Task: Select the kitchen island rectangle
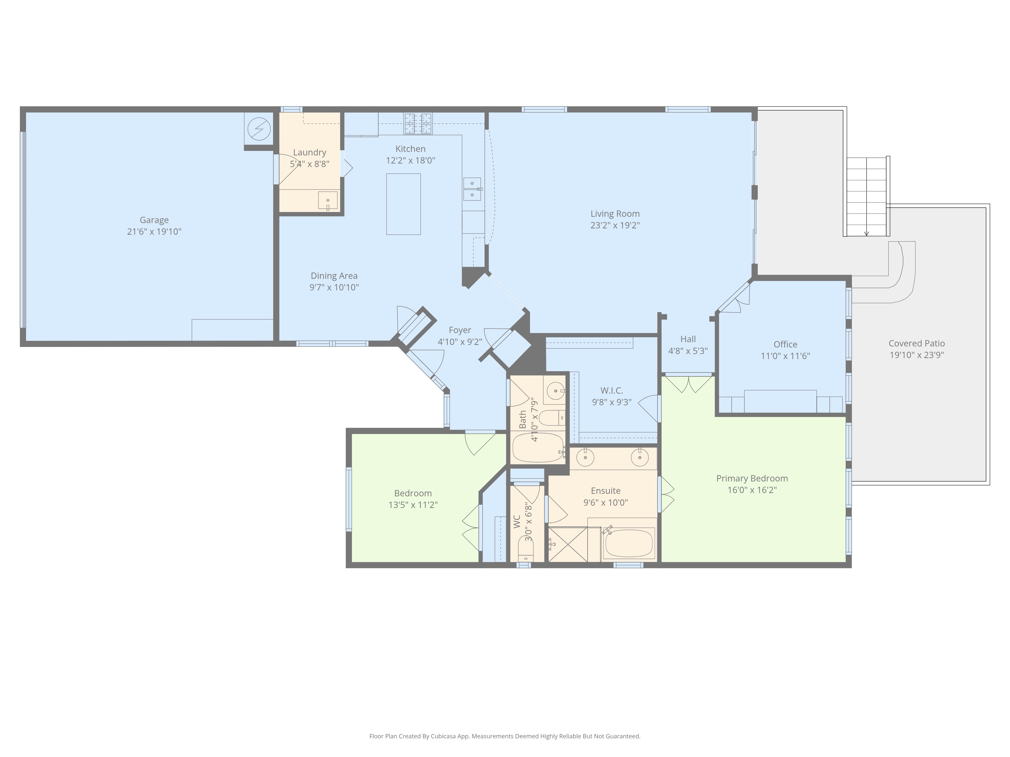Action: pyautogui.click(x=403, y=204)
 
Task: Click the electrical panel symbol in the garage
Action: pyautogui.click(x=259, y=130)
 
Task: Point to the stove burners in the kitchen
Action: pyautogui.click(x=417, y=124)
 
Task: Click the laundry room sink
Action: pyautogui.click(x=327, y=200)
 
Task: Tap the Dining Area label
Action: pyautogui.click(x=334, y=276)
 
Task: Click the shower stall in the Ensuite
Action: pyautogui.click(x=568, y=544)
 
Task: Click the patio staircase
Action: pyautogui.click(x=866, y=197)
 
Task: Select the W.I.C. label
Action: pyautogui.click(x=611, y=391)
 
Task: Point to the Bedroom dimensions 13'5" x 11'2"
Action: pyautogui.click(x=413, y=505)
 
